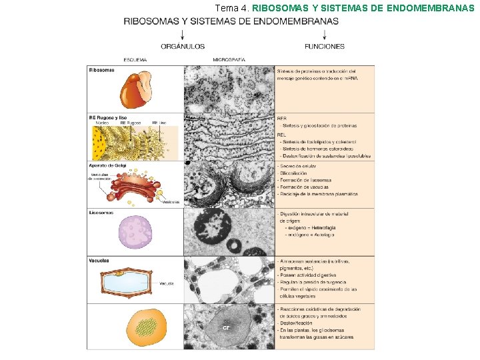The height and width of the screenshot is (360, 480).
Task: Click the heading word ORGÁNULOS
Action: pyautogui.click(x=182, y=47)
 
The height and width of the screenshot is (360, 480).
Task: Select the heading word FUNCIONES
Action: pyautogui.click(x=325, y=47)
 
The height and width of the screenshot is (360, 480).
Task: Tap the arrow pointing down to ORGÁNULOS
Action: pyautogui.click(x=182, y=33)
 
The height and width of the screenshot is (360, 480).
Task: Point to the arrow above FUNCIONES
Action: pyautogui.click(x=325, y=33)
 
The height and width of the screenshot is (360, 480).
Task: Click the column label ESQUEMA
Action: pyautogui.click(x=135, y=60)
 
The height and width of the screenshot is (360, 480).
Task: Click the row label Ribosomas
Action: pyautogui.click(x=102, y=70)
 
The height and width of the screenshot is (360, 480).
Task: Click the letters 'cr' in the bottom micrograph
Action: pyautogui.click(x=226, y=327)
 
